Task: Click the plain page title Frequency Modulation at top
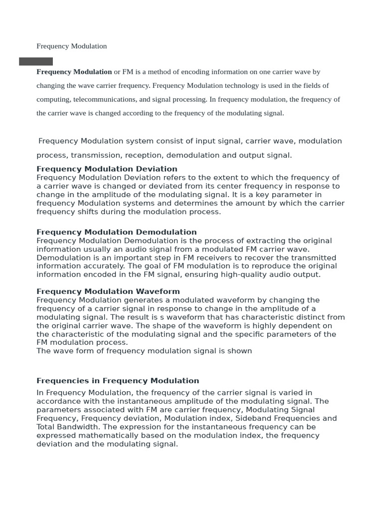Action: point(72,46)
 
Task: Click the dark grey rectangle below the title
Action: point(36,61)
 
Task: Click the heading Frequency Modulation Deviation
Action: point(107,169)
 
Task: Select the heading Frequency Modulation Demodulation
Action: point(117,232)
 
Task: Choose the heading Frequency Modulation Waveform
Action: point(108,291)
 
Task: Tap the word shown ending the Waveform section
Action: point(240,351)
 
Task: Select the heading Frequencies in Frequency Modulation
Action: point(118,381)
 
